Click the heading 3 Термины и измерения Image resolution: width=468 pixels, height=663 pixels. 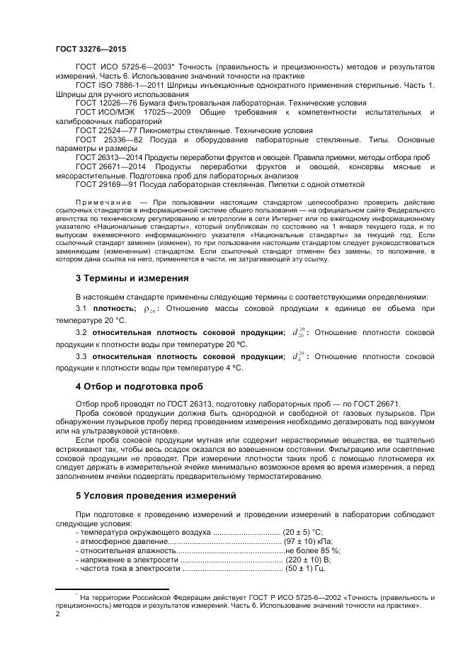click(x=132, y=278)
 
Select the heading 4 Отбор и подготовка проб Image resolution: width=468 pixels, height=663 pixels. click(x=139, y=386)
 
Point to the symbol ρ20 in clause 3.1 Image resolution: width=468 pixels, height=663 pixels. click(x=150, y=309)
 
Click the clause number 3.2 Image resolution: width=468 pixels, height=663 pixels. click(x=81, y=332)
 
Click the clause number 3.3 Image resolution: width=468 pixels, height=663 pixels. click(x=81, y=356)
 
